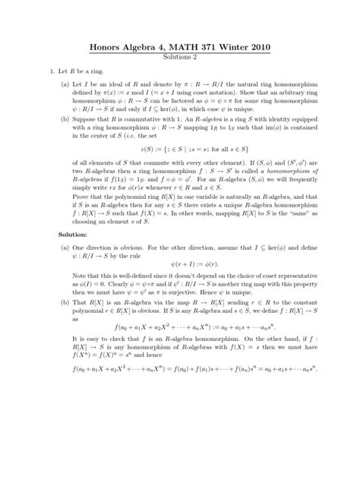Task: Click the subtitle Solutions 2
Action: pos(180,58)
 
